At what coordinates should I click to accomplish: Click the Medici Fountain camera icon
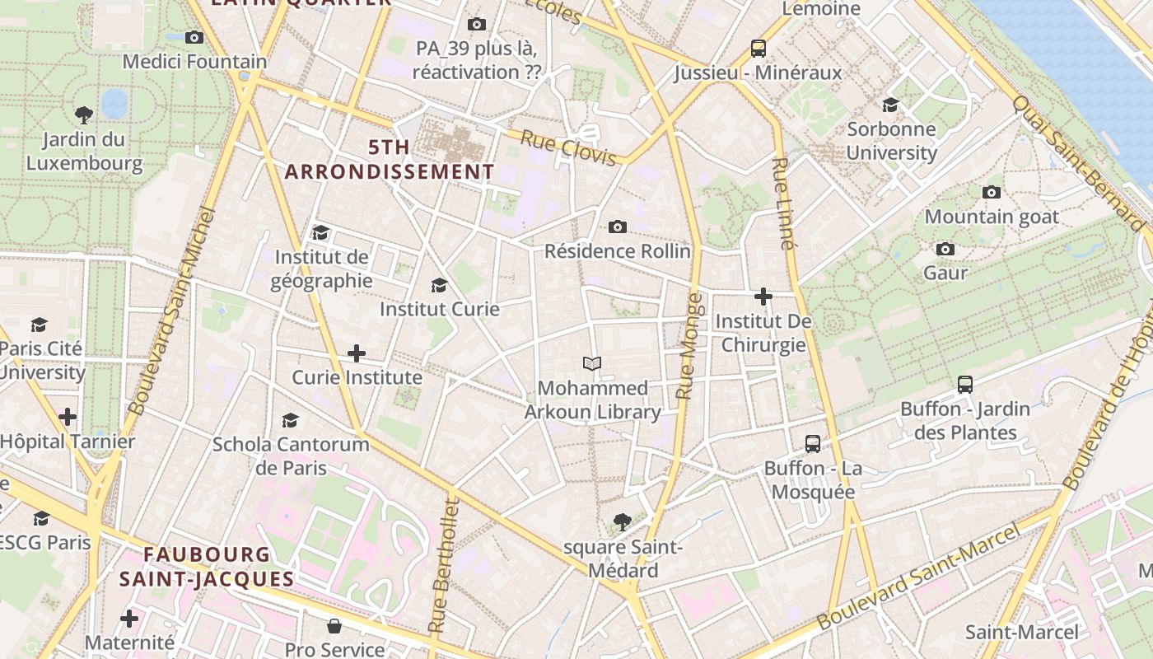point(194,37)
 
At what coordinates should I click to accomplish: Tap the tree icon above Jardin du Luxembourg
point(83,115)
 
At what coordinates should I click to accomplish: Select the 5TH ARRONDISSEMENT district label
point(389,160)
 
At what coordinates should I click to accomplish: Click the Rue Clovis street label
point(568,147)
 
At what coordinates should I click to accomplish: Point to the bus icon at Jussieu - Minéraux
point(759,49)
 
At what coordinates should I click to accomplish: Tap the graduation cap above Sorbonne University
point(890,105)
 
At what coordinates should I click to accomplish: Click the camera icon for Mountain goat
point(992,192)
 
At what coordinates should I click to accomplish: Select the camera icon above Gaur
point(945,249)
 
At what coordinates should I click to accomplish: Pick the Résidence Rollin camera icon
point(617,227)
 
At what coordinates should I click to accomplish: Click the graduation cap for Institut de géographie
point(320,233)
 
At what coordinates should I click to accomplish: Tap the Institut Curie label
point(439,309)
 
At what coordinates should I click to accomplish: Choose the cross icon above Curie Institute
point(357,353)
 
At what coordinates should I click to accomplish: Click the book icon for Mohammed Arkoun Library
point(592,363)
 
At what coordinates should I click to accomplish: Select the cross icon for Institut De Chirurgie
point(763,297)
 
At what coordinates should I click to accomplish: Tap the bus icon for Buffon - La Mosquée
point(813,444)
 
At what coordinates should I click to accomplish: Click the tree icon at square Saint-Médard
point(623,521)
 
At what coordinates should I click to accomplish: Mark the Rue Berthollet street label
point(442,566)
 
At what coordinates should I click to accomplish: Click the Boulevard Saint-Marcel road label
point(919,577)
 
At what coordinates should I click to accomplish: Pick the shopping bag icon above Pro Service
point(334,626)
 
